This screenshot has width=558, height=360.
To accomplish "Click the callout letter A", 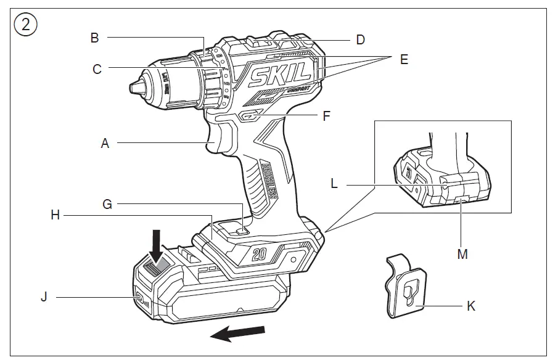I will (x=105, y=143).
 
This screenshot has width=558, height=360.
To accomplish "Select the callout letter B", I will (x=94, y=38).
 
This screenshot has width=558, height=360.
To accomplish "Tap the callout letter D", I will (x=361, y=40).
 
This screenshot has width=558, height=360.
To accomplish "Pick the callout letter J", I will (x=44, y=297).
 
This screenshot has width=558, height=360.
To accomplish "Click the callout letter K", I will (x=471, y=305).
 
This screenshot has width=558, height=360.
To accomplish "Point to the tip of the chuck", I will (x=133, y=86).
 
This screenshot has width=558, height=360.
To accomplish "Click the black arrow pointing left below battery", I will (x=237, y=334).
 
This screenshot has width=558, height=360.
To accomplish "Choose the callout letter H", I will (x=55, y=215).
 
